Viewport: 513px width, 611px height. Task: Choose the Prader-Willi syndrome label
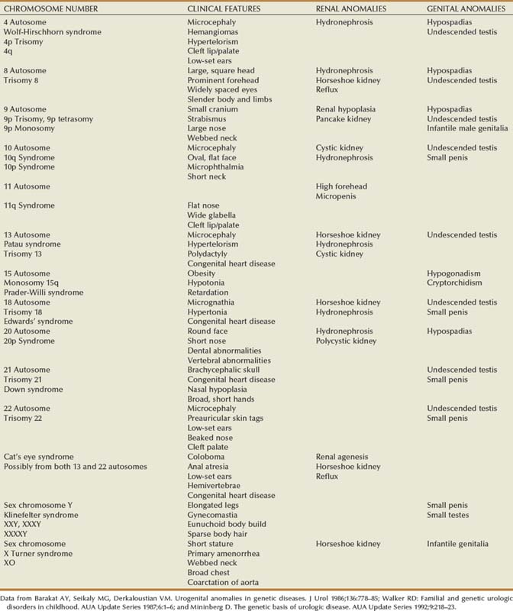click(x=42, y=293)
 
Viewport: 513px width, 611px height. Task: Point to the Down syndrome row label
click(x=34, y=390)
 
